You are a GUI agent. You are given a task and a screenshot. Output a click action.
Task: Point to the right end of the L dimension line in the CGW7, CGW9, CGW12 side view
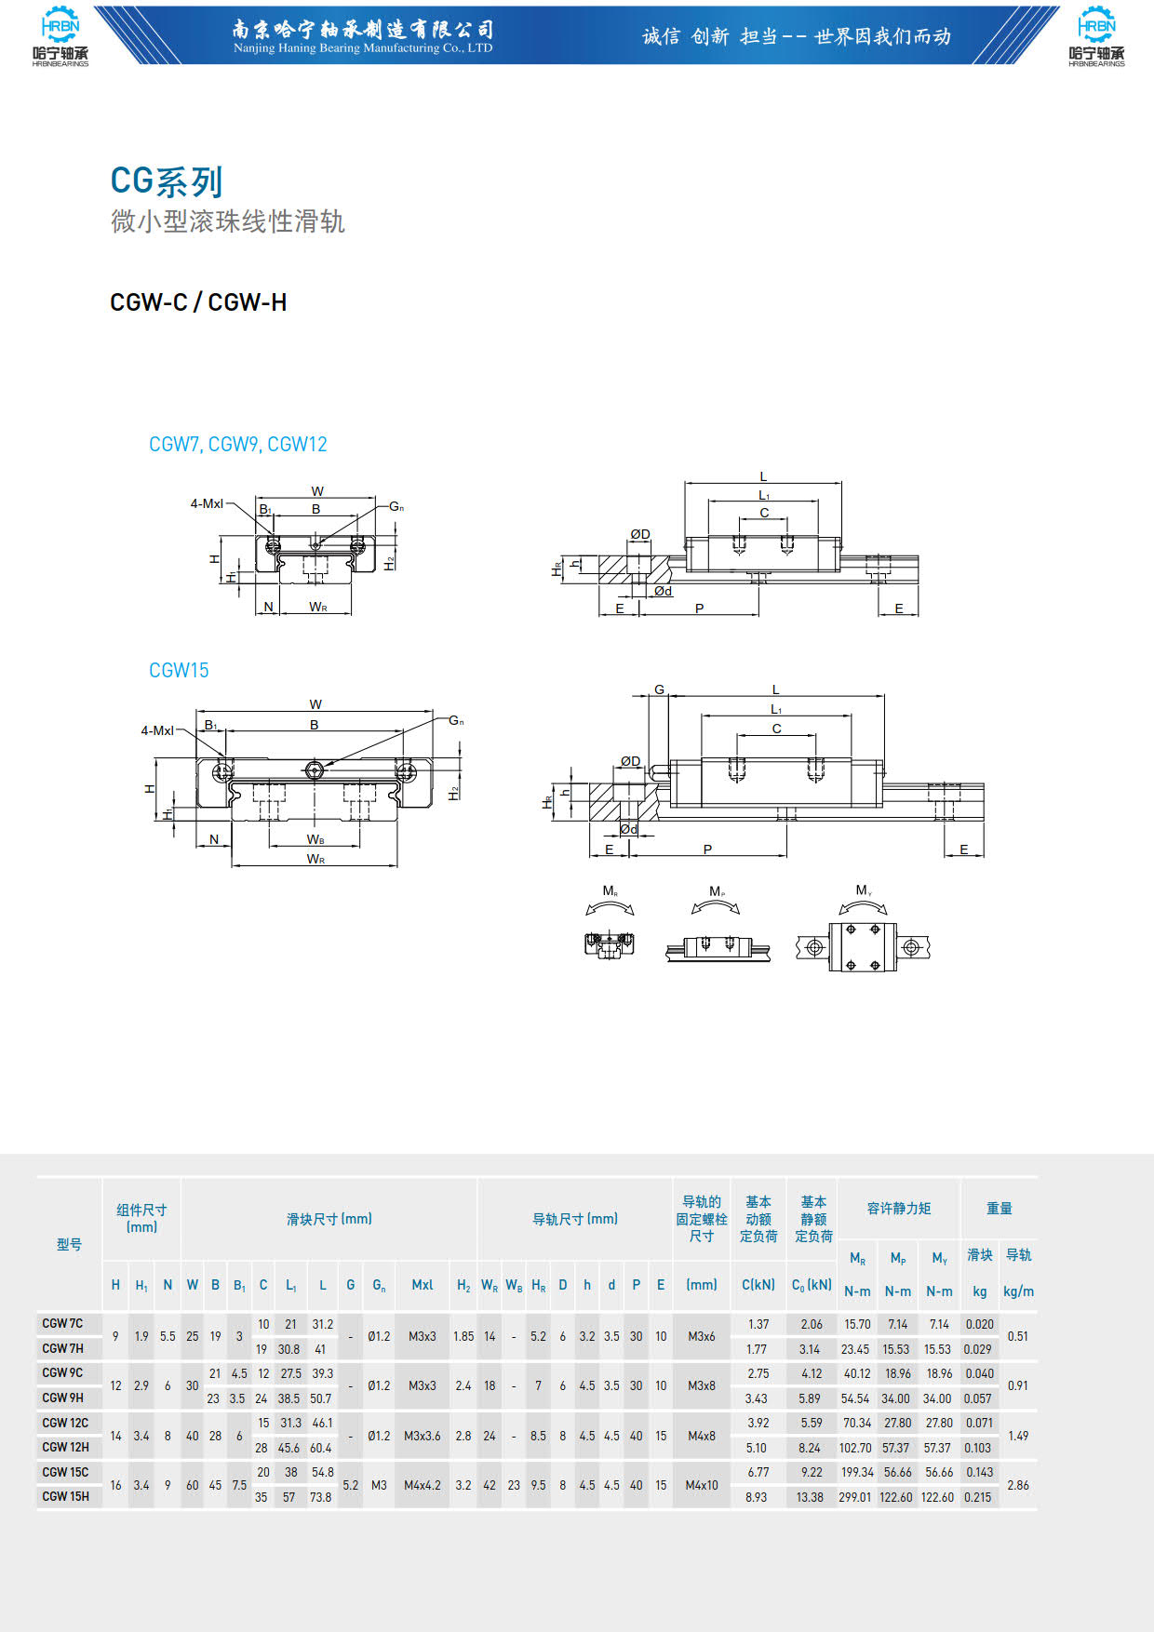click(842, 483)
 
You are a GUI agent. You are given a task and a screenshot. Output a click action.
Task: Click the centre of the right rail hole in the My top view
click(911, 948)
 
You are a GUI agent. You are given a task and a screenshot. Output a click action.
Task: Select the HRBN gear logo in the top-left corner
click(60, 36)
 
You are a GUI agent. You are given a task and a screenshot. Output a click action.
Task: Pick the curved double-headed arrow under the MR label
click(611, 906)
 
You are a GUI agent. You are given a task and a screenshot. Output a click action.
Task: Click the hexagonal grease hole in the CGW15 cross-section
click(315, 769)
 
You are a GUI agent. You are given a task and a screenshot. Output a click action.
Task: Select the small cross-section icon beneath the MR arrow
click(610, 944)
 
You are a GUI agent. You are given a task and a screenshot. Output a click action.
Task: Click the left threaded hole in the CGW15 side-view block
click(737, 769)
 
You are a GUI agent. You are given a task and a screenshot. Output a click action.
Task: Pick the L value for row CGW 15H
click(321, 1497)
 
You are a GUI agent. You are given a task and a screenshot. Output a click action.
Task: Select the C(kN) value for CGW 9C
click(758, 1373)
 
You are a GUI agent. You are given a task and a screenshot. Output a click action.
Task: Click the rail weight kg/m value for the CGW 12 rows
click(1018, 1436)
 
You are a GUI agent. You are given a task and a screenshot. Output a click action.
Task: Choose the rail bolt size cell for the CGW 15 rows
click(702, 1485)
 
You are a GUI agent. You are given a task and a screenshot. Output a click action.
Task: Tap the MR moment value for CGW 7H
click(855, 1349)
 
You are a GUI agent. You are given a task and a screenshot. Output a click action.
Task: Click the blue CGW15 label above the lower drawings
click(179, 670)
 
